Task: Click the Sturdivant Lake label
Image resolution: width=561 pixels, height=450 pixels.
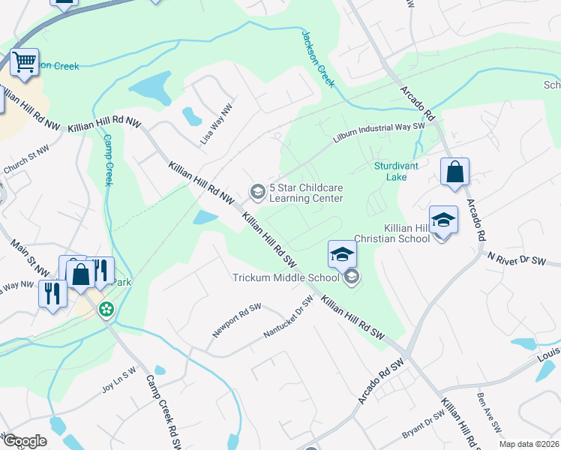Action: point(391,172)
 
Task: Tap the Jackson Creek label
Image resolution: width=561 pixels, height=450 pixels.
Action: point(317,58)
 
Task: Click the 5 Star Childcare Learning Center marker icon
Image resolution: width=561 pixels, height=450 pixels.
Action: point(257,193)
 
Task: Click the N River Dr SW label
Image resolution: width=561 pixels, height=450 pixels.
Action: point(523,259)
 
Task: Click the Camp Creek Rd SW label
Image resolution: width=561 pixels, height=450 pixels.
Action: point(163,411)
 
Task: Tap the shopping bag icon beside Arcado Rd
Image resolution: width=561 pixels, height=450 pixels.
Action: point(454,172)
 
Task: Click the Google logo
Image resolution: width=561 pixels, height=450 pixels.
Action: point(24,441)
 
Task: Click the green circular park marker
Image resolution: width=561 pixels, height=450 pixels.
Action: point(107,308)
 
